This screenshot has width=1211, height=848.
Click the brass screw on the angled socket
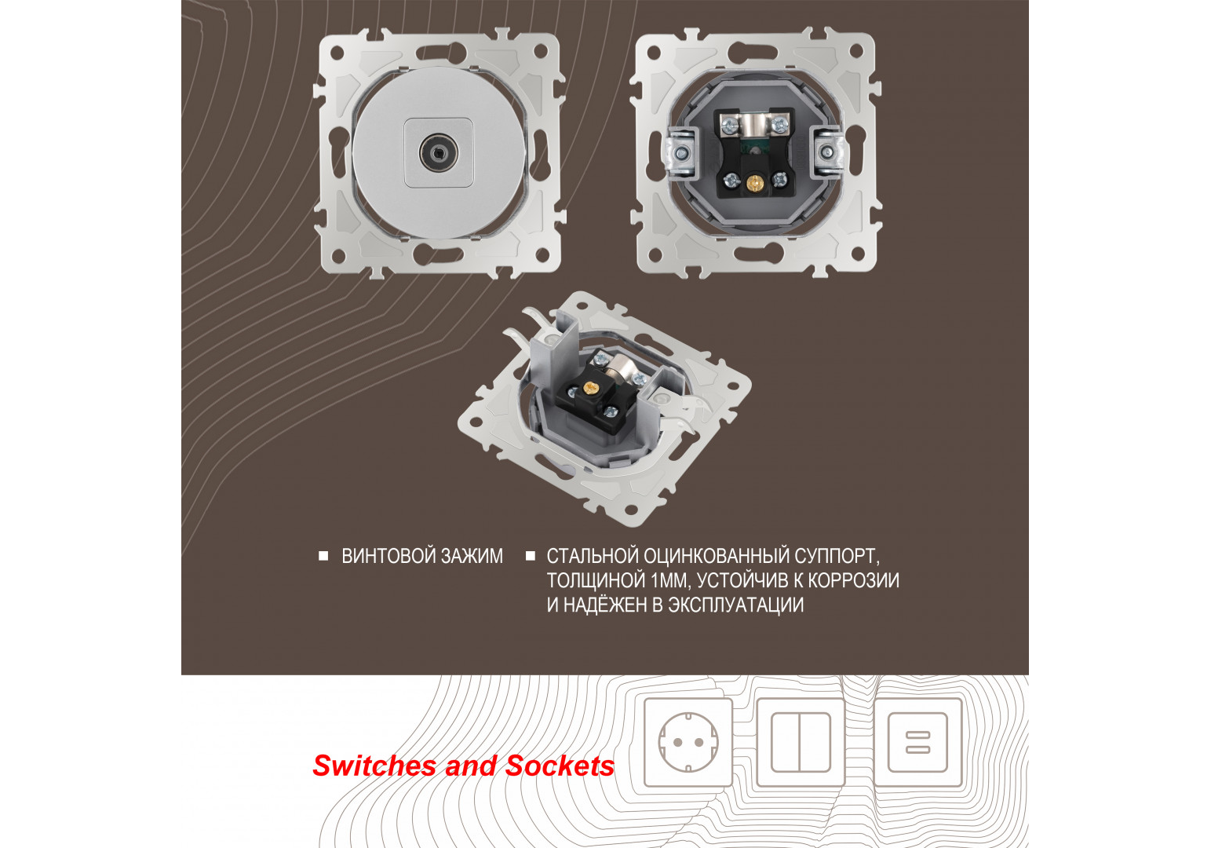pos(591,386)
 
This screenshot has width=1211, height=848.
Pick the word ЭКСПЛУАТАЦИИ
pos(736,605)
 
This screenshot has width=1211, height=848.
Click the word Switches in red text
pos(374,766)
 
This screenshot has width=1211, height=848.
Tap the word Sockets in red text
pos(560,766)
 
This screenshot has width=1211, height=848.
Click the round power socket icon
pos(688,742)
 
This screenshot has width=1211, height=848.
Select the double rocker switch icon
pos(800,742)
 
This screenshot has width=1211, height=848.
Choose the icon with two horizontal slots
pos(918,742)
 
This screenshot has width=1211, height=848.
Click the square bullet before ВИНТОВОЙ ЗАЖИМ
pos(323,556)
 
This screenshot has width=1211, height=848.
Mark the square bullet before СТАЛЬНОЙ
pos(531,556)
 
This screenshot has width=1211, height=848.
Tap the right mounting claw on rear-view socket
pos(826,154)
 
